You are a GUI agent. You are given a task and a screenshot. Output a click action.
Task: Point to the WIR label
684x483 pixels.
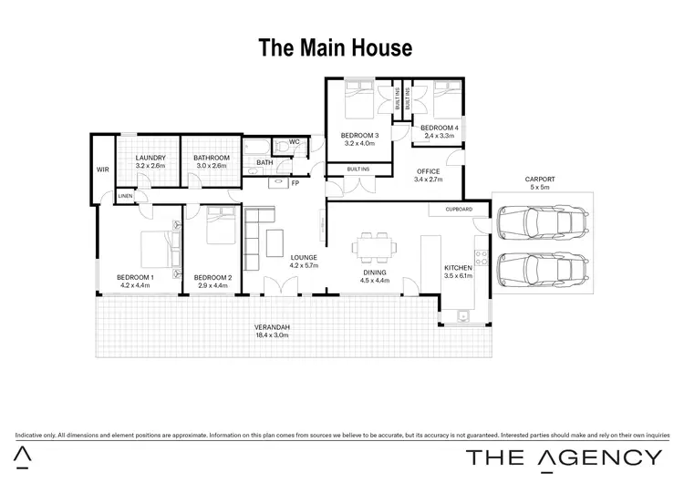pos(102,170)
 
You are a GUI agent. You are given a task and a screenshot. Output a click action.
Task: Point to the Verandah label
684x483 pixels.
pos(272,331)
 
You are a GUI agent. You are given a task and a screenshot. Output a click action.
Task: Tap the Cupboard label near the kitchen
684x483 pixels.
pos(459,210)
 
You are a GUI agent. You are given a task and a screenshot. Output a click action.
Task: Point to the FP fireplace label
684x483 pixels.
pos(295,184)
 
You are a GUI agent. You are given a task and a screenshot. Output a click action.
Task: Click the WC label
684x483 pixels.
pos(295,142)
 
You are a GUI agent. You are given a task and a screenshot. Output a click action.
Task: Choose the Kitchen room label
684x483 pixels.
pos(457,271)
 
